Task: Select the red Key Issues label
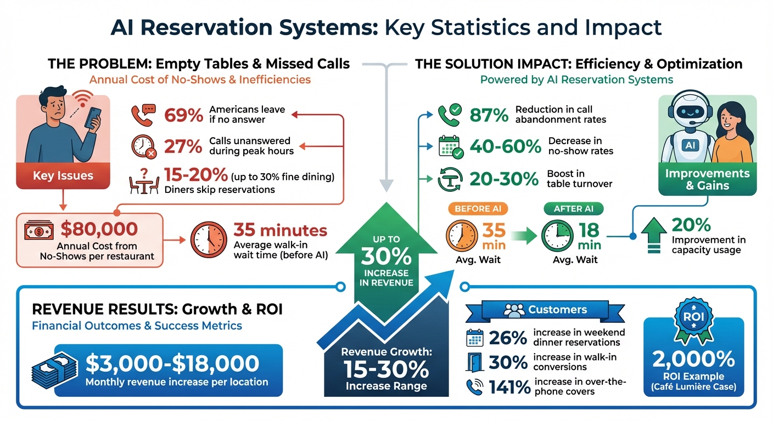[x=63, y=176]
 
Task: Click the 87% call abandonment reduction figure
[x=489, y=115]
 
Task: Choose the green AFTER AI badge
[x=573, y=209]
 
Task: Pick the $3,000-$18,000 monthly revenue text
[x=172, y=363]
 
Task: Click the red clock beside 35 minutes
[x=208, y=240]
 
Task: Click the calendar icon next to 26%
[x=474, y=338]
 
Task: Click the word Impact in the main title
[x=625, y=27]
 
